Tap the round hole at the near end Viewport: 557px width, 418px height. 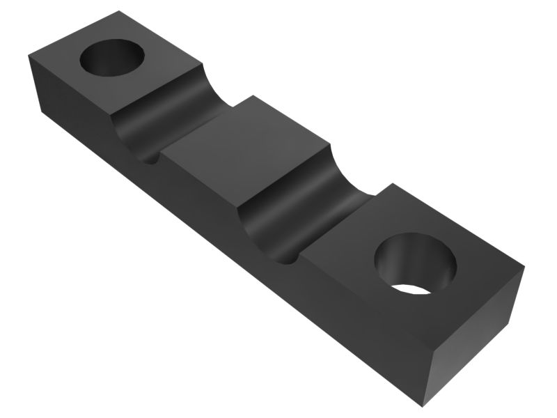tap(415, 263)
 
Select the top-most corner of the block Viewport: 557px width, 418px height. tap(119, 10)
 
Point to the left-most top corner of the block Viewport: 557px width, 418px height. tap(29, 55)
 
